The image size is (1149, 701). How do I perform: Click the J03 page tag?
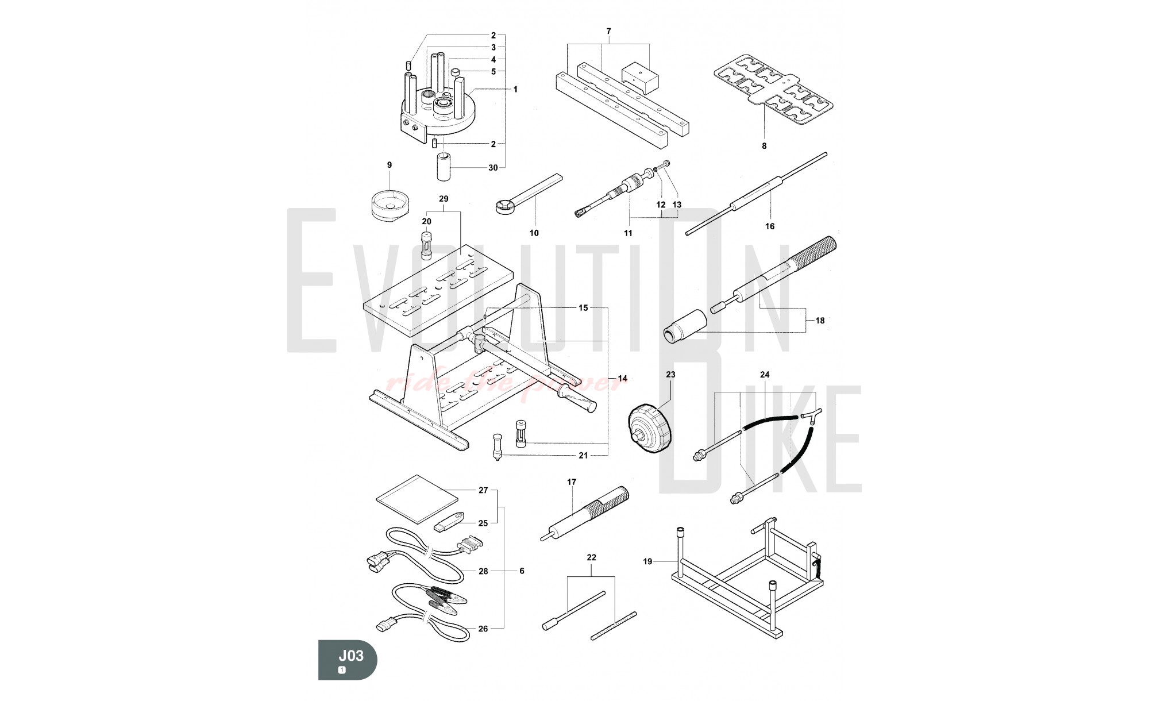(348, 659)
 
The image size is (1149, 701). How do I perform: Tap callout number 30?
(493, 168)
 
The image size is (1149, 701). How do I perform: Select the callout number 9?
(390, 165)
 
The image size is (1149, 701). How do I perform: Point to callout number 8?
(764, 146)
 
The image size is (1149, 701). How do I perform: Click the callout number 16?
(770, 226)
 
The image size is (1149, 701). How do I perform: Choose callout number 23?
(670, 374)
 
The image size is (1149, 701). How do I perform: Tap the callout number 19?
(647, 561)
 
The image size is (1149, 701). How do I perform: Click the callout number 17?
(572, 482)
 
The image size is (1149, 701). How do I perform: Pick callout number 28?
(483, 571)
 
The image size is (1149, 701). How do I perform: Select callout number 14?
(623, 378)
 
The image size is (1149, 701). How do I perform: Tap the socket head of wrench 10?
(504, 206)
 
